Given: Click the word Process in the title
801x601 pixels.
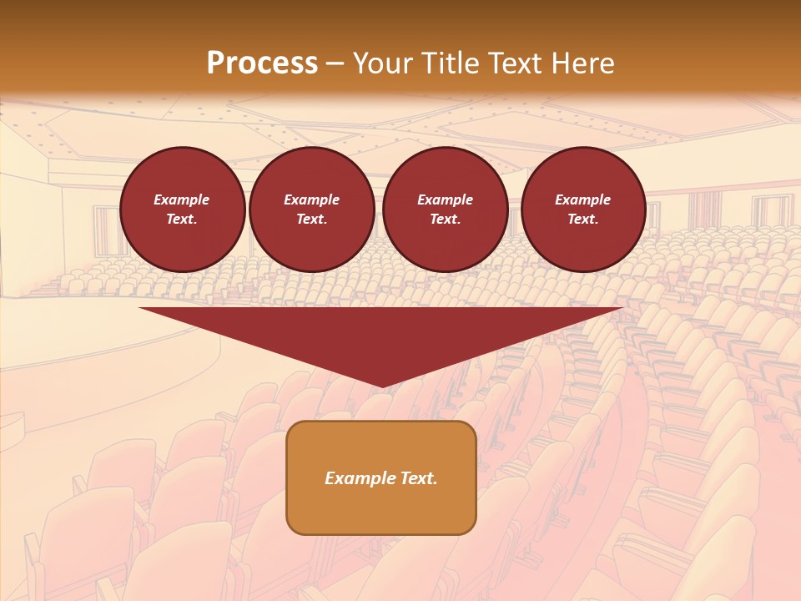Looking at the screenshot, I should coord(262,63).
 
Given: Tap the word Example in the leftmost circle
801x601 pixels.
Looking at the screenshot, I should coord(182,199).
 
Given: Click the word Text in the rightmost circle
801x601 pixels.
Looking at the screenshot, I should coord(582,219).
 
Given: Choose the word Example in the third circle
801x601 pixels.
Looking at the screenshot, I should coord(445,199).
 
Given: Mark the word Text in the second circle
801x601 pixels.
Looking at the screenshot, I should coord(310,219).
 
